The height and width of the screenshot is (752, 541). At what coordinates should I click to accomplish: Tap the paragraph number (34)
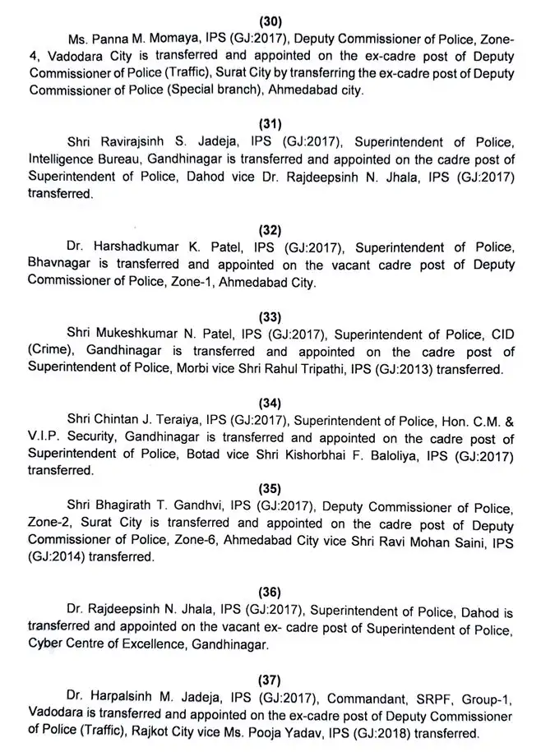pyautogui.click(x=269, y=403)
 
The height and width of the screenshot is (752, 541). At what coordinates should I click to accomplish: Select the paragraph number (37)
pyautogui.click(x=269, y=680)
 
